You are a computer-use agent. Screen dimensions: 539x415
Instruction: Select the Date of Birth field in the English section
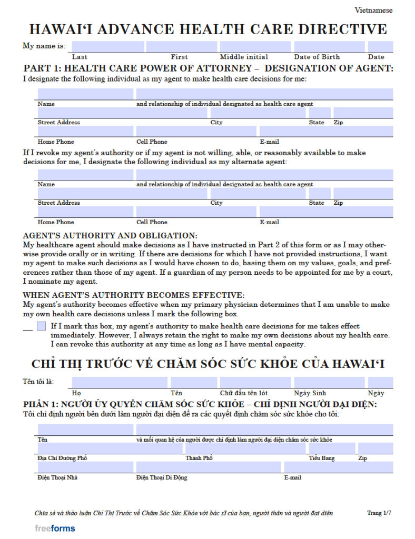[329, 46]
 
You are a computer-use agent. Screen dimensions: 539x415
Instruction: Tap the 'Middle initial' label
[244, 57]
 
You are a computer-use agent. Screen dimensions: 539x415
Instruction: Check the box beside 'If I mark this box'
[42, 326]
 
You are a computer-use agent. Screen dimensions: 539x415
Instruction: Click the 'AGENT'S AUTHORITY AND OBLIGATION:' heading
[110, 235]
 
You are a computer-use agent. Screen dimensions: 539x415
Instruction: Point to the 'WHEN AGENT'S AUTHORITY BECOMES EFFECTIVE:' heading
[133, 295]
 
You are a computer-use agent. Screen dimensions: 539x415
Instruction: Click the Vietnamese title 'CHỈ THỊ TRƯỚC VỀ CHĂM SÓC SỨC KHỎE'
[208, 364]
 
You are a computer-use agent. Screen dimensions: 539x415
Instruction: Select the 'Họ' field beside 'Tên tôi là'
[120, 382]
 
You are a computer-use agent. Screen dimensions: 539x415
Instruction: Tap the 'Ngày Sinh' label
[310, 393]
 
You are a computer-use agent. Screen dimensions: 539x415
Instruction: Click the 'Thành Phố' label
[199, 458]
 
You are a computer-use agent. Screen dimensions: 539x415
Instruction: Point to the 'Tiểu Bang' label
[321, 458]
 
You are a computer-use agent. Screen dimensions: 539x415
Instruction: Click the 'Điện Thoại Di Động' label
[162, 478]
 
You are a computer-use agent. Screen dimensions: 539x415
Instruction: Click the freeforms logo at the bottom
[55, 528]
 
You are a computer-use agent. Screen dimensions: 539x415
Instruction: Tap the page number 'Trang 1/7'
[379, 513]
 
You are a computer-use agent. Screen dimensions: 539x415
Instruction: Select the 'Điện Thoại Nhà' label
[58, 478]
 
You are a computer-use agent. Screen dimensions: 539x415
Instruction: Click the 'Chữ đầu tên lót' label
[244, 393]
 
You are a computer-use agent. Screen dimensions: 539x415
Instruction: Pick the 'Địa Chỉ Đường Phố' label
[62, 458]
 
